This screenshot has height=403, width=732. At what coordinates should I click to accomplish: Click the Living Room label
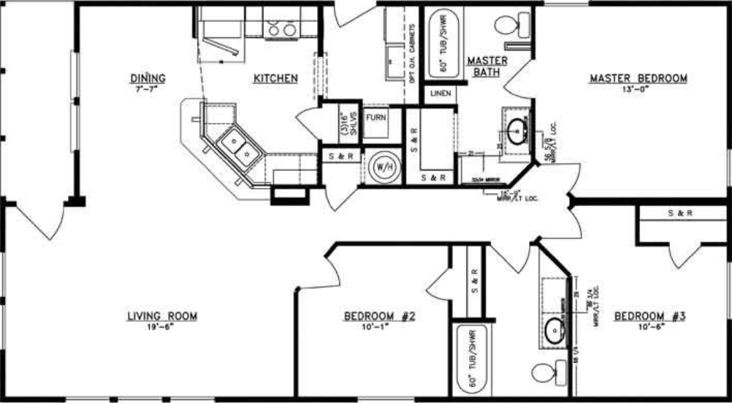tap(162, 316)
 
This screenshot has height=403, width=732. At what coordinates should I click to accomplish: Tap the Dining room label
tap(148, 78)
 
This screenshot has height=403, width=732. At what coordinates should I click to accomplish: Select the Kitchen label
tap(275, 78)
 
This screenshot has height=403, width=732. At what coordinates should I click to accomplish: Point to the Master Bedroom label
tap(638, 78)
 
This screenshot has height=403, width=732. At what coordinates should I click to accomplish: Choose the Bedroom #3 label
tap(649, 316)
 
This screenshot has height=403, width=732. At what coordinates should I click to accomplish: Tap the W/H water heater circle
tap(383, 167)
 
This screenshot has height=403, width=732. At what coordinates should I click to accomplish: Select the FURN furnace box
tap(376, 117)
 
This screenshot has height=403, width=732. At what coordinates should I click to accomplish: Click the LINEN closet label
tap(440, 94)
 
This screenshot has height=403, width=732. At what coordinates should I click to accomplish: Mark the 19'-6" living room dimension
tap(161, 327)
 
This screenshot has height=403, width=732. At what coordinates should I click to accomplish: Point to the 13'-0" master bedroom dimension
tap(638, 88)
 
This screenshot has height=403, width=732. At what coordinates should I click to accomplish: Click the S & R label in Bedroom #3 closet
tap(679, 214)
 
